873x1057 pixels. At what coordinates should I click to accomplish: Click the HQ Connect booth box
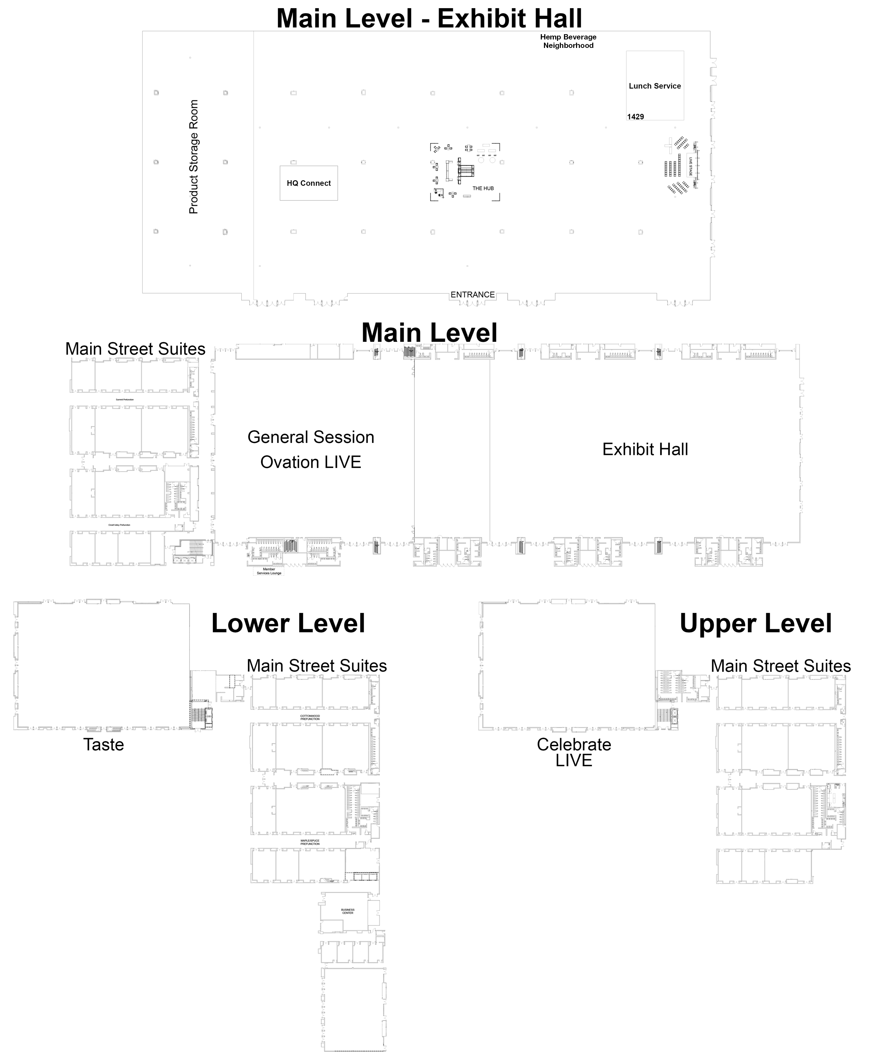tap(308, 183)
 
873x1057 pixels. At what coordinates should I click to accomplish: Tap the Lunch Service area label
tap(654, 86)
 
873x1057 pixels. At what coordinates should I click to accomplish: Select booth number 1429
tap(635, 117)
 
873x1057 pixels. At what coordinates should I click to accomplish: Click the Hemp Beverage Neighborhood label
tap(568, 41)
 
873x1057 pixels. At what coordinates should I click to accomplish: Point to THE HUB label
tap(483, 188)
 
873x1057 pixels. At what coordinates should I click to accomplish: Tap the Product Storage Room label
tap(194, 156)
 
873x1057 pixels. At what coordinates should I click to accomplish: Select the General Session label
tap(311, 437)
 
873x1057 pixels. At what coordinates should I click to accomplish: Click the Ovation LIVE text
tap(311, 462)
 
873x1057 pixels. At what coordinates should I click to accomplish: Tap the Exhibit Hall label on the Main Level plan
tap(645, 449)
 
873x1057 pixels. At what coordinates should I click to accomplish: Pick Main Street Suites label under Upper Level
tap(780, 666)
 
